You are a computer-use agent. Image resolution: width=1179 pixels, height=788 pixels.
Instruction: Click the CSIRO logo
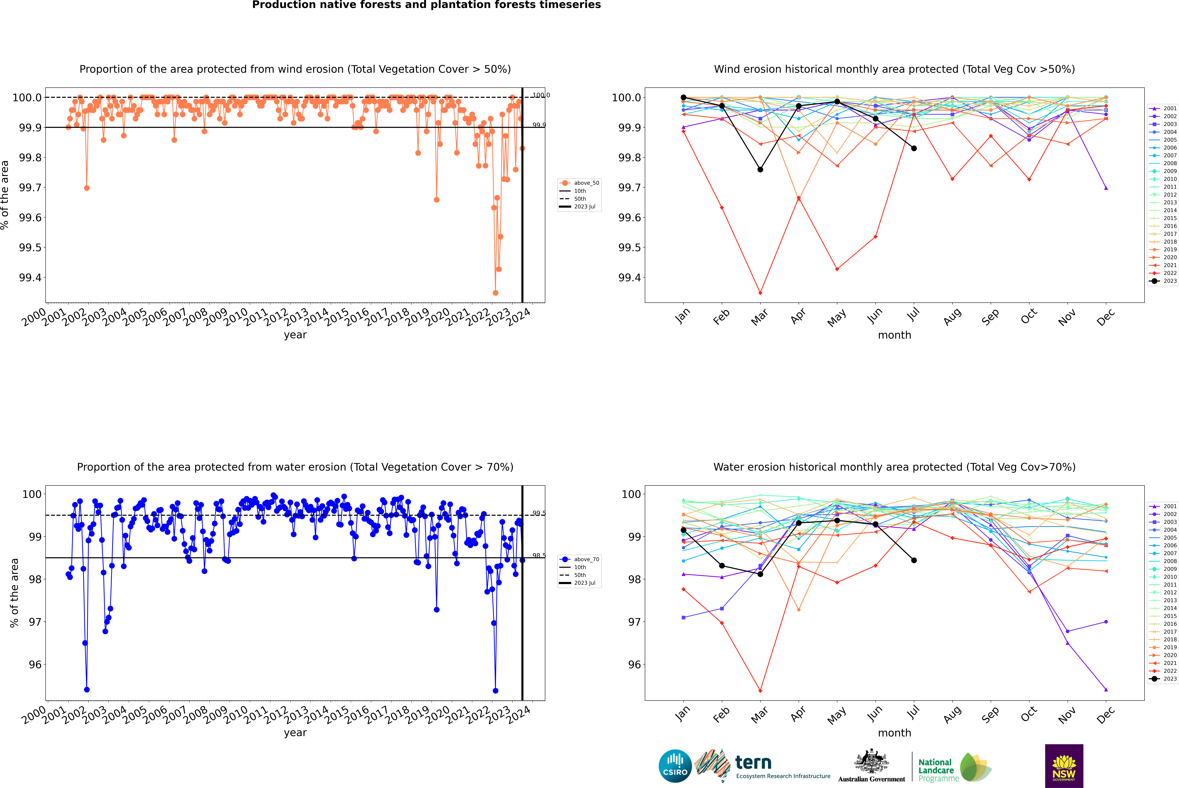[675, 766]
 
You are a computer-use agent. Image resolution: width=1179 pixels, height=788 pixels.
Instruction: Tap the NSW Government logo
[1064, 766]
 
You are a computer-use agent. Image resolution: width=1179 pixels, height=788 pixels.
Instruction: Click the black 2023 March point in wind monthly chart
[760, 169]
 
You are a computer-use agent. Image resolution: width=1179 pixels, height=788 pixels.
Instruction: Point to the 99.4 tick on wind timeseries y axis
[30, 277]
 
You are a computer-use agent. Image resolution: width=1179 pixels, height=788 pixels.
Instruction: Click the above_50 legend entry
[586, 183]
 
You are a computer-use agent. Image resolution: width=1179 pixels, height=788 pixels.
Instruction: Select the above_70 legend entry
[586, 559]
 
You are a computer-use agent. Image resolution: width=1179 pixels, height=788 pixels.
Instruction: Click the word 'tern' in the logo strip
[753, 762]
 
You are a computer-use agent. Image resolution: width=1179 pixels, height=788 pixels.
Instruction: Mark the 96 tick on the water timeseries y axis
[35, 664]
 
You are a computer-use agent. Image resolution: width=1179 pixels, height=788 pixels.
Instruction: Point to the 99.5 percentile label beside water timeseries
[539, 513]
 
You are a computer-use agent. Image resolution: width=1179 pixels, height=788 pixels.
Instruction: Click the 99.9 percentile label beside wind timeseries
[539, 125]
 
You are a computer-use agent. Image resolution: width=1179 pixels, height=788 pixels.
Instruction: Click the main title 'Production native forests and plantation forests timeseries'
[426, 5]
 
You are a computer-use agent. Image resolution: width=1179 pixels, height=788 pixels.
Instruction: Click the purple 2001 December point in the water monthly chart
[1106, 689]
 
